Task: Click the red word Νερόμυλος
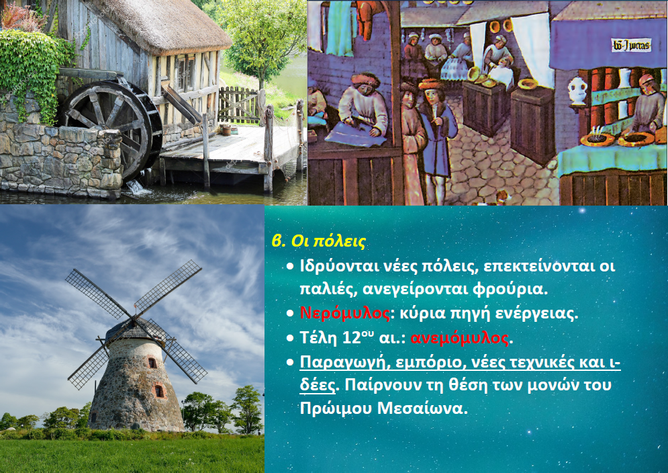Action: click(344, 313)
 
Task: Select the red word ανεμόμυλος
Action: click(460, 338)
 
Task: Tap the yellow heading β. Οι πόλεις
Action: click(319, 241)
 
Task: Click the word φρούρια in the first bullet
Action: click(510, 290)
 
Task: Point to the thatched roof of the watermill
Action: click(162, 26)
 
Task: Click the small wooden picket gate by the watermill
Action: click(238, 105)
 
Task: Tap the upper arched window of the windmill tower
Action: click(152, 363)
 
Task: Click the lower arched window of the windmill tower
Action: click(159, 390)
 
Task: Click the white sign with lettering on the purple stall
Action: click(631, 45)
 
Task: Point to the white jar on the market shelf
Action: click(577, 91)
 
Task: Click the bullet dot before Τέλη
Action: click(290, 338)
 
